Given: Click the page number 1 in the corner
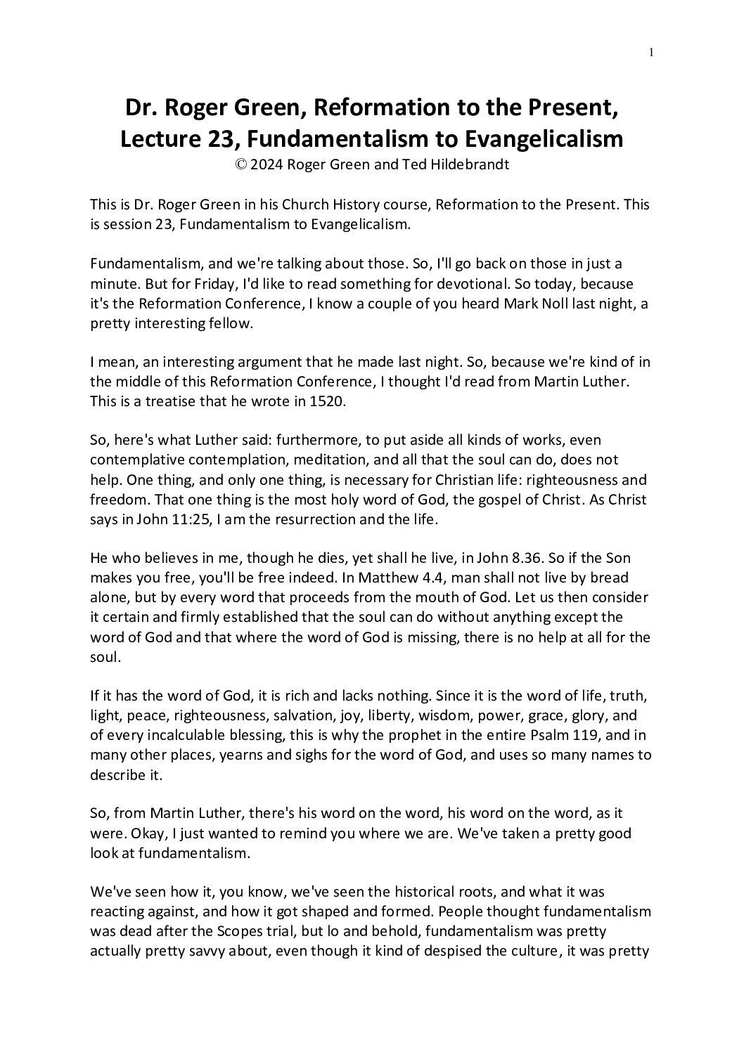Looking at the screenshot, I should click(652, 51).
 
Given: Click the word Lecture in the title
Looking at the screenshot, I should click(158, 139).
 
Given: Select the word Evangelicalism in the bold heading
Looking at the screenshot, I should click(541, 139).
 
